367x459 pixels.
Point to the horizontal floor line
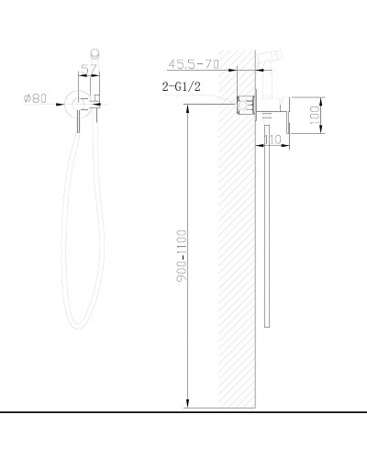tap(183, 415)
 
